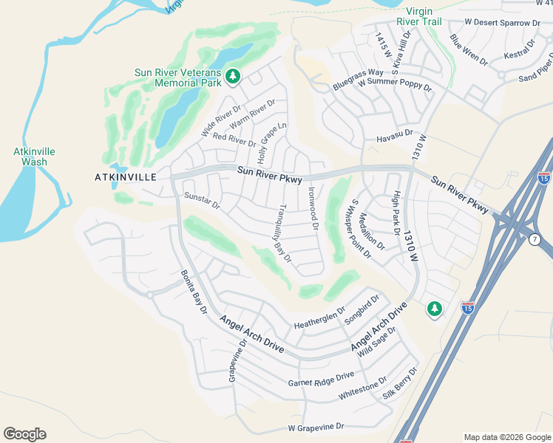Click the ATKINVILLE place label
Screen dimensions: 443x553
(126, 177)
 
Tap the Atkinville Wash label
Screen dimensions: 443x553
(30, 157)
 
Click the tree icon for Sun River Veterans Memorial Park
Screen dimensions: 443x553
(233, 76)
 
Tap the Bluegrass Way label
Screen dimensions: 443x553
(358, 78)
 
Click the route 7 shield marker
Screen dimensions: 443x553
(535, 238)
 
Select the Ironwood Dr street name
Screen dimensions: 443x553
(312, 207)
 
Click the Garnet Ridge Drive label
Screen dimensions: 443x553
(321, 380)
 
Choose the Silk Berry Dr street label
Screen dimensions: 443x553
(401, 385)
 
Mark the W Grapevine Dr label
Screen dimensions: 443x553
(316, 427)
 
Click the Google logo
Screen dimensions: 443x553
(24, 434)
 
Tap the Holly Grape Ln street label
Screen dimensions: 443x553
(271, 143)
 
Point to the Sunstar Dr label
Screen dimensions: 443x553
(202, 200)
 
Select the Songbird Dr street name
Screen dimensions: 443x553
(362, 310)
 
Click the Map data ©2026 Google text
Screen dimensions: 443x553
(506, 437)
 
